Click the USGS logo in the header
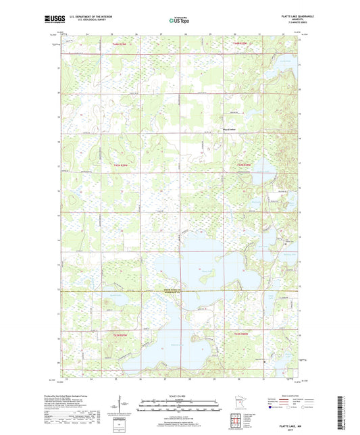click(x=68, y=19)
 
